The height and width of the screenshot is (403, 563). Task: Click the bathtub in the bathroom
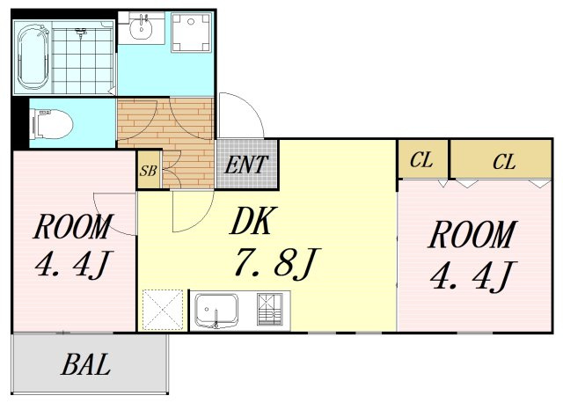pyautogui.click(x=33, y=57)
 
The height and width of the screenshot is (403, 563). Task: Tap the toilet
pyautogui.click(x=53, y=125)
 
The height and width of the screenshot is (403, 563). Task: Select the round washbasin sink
pyautogui.click(x=141, y=28)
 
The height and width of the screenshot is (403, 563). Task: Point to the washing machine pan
pyautogui.click(x=191, y=33)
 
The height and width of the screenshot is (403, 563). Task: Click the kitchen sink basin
pyautogui.click(x=216, y=309)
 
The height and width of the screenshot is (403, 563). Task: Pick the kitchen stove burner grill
pyautogui.click(x=269, y=309)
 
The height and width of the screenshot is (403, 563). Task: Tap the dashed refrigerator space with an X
pyautogui.click(x=163, y=310)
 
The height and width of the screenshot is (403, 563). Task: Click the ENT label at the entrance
pyautogui.click(x=246, y=165)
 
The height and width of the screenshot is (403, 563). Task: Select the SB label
pyautogui.click(x=148, y=171)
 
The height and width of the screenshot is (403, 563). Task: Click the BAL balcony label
pyautogui.click(x=85, y=364)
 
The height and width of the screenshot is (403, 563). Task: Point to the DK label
pyautogui.click(x=253, y=221)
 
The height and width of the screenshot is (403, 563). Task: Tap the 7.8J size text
pyautogui.click(x=275, y=263)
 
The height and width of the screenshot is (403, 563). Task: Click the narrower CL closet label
pyautogui.click(x=421, y=160)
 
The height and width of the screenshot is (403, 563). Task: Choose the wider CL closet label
pyautogui.click(x=504, y=162)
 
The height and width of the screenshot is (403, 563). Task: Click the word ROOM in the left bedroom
pyautogui.click(x=73, y=226)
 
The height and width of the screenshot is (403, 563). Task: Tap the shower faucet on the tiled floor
pyautogui.click(x=82, y=33)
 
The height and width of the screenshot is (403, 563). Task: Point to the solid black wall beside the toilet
pyautogui.click(x=19, y=123)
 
